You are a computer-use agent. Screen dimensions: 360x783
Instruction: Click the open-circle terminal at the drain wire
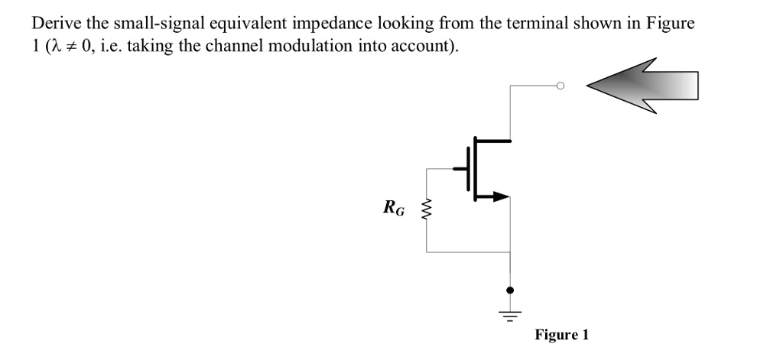560,86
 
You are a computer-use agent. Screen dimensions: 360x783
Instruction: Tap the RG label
395,206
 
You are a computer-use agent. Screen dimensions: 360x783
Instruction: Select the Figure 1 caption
562,335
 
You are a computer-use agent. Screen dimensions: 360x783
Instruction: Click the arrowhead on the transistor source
499,197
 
